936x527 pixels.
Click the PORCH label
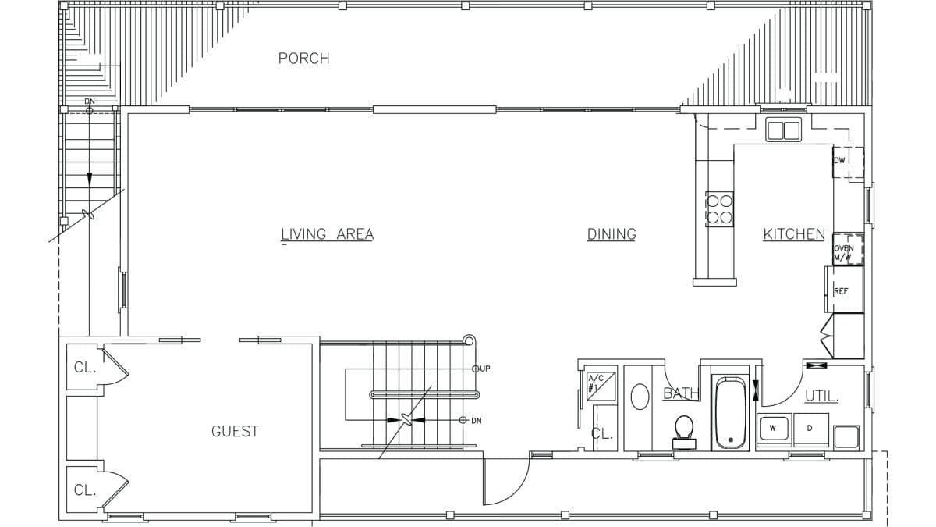(x=303, y=59)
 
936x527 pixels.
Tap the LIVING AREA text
(x=327, y=234)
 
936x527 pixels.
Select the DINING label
(x=612, y=234)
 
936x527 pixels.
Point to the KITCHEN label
(x=793, y=234)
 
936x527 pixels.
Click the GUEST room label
(x=235, y=431)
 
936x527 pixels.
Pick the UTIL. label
(x=821, y=397)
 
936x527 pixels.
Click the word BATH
(x=680, y=394)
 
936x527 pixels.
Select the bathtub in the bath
(x=731, y=413)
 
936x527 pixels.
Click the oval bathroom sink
(x=640, y=397)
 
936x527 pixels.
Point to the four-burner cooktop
(x=719, y=209)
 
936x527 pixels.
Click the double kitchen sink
(x=783, y=130)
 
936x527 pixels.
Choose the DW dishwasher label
(x=839, y=161)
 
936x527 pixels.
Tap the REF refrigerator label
(x=841, y=291)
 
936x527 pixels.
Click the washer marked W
(x=773, y=429)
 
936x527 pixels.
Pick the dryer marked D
(x=809, y=429)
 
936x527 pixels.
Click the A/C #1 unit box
(x=601, y=384)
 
